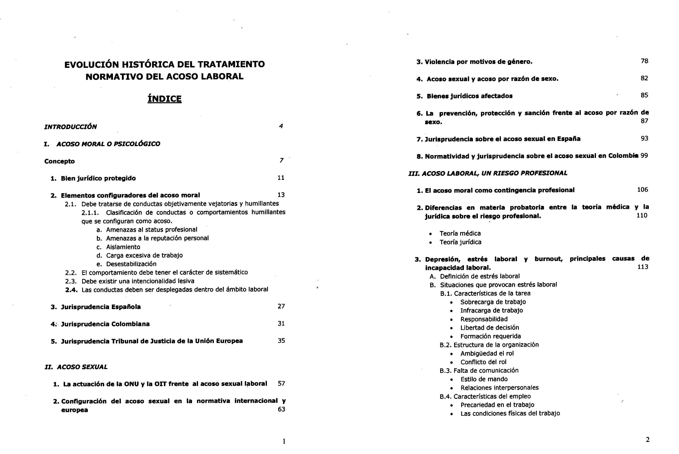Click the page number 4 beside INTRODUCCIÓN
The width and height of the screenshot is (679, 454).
tap(281, 126)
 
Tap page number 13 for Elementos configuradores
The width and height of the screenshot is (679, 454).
tap(281, 195)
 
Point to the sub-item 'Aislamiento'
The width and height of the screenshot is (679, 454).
tap(123, 247)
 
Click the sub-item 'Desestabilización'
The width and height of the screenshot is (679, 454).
tap(131, 264)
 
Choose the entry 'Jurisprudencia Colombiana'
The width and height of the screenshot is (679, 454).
tap(105, 324)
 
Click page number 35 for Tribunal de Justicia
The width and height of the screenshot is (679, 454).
tap(281, 341)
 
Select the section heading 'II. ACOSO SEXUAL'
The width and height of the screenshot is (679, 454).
tap(76, 367)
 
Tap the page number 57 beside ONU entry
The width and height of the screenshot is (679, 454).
tap(281, 384)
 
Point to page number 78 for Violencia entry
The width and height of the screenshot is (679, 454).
tap(644, 61)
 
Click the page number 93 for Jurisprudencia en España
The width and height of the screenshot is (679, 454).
tap(644, 138)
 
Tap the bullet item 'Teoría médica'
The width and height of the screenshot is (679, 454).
tap(460, 233)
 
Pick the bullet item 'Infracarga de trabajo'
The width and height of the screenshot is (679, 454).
tap(492, 310)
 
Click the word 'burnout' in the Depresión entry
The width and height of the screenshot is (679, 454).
tap(549, 259)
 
